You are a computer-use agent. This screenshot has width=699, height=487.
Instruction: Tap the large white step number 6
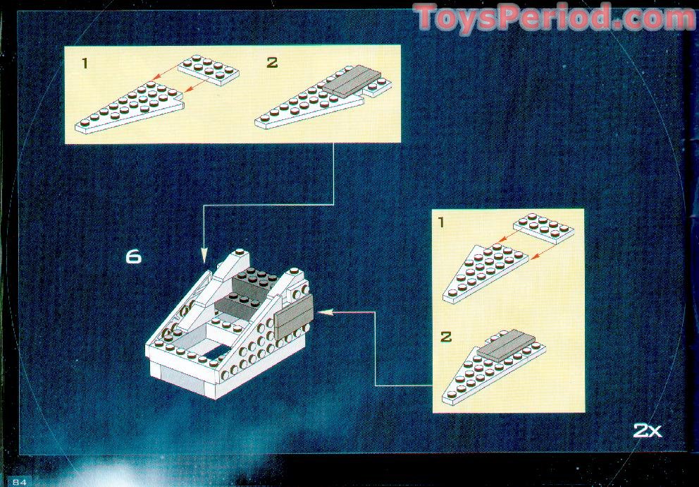pos(133,257)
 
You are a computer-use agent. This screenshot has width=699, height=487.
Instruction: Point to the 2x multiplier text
pos(648,431)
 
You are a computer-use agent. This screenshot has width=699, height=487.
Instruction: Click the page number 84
pos(20,482)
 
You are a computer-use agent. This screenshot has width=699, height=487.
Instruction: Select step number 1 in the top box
pos(85,64)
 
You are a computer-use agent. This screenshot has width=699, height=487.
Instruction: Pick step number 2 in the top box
pos(272,63)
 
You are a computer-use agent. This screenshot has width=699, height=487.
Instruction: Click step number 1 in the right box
pos(441,222)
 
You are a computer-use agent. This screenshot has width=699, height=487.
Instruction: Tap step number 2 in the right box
pos(446,337)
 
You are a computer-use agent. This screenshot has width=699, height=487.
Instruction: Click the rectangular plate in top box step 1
pos(209,70)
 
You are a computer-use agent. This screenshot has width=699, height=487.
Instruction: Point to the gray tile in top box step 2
pos(352,80)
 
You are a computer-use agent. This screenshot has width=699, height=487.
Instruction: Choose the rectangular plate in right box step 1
pos(544,228)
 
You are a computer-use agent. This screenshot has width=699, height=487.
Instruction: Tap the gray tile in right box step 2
pos(506,345)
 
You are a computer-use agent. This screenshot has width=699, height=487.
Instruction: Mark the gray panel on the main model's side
pos(294,316)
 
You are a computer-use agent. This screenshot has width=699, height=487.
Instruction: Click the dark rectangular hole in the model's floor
pos(216,352)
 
